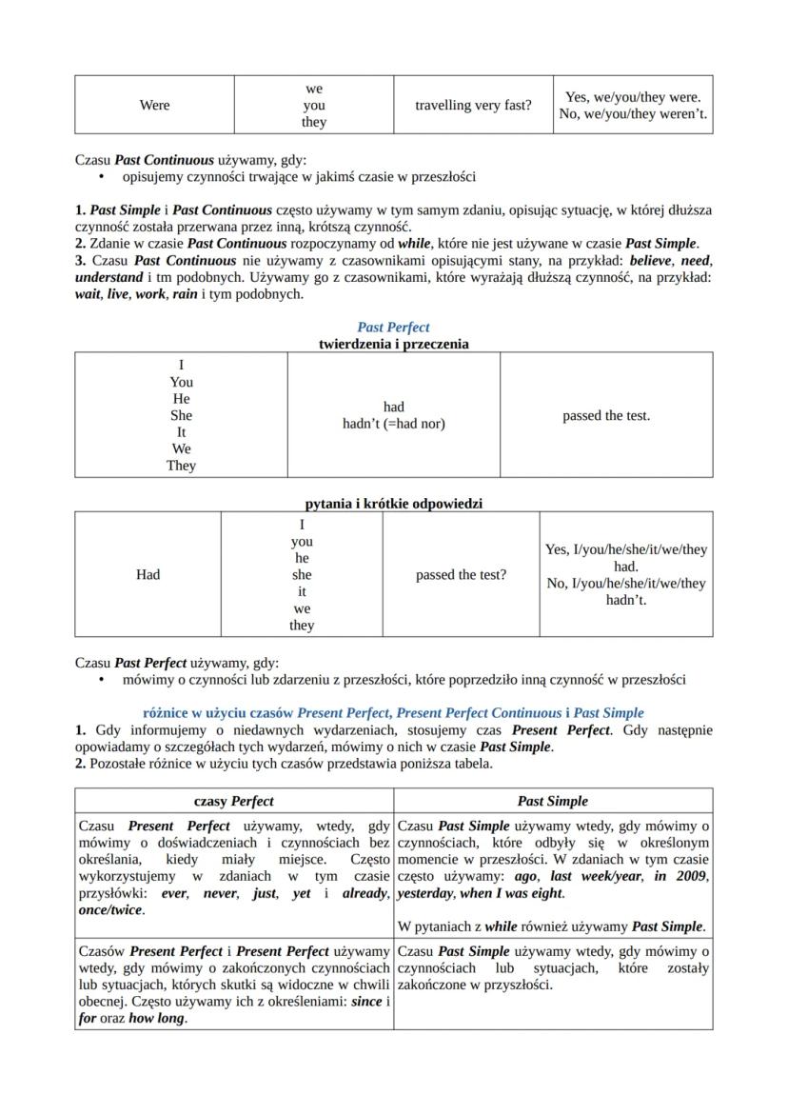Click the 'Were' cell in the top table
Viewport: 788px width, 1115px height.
pos(154,105)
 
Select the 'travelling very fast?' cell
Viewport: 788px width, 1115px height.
pos(473,105)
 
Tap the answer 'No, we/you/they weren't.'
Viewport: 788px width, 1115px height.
pos(633,114)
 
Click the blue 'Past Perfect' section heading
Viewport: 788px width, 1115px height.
pos(393,328)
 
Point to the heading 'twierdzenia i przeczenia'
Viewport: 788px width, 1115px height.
pos(393,344)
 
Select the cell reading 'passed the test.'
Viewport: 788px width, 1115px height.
pos(606,415)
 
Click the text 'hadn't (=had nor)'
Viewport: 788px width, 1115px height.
pos(393,424)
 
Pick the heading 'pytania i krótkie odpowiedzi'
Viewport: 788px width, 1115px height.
pos(393,503)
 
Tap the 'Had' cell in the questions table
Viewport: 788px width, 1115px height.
pos(148,574)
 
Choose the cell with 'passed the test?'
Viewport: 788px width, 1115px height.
pos(461,575)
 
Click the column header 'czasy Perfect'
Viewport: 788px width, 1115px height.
pos(233,801)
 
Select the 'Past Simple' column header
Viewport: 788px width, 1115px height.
pos(553,801)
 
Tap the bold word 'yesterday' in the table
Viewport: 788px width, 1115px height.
pos(425,893)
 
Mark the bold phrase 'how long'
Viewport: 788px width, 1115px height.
pos(158,1018)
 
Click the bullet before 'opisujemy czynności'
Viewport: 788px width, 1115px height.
pos(101,177)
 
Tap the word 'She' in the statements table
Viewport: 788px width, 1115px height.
pos(181,415)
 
